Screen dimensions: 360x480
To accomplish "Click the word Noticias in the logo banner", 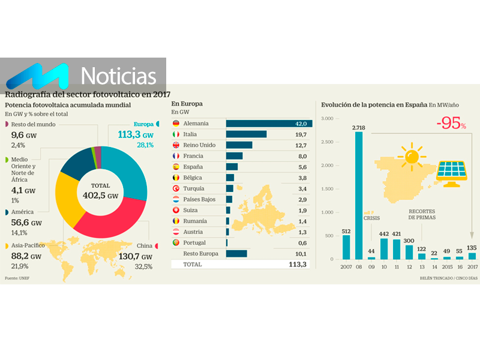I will pos(118,76).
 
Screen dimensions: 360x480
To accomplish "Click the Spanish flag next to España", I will pos(176,167).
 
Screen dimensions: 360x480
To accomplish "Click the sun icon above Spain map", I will pos(412,155).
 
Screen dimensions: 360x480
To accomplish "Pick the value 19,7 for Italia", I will pos(299,134).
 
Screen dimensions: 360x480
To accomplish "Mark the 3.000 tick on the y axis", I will pos(326,119).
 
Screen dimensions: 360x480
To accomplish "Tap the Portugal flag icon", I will pos(176,243).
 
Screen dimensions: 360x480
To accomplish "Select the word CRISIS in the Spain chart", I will pos(372,219).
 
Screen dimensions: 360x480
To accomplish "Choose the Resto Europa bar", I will pos(236,253).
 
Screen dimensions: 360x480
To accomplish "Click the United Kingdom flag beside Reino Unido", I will pos(176,145).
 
